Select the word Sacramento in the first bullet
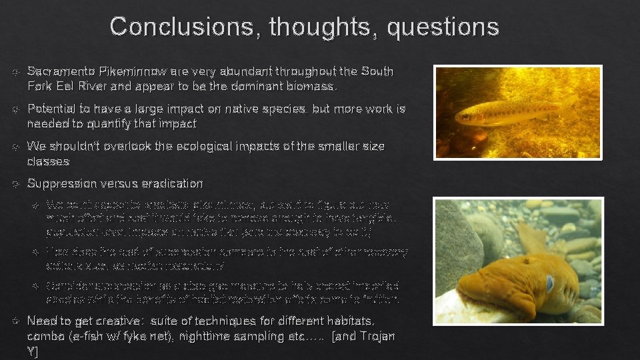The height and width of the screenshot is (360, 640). (x=61, y=71)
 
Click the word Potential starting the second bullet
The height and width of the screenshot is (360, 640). (x=51, y=109)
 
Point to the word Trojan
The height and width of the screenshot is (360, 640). (x=377, y=337)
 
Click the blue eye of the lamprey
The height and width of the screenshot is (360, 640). (x=549, y=283)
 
